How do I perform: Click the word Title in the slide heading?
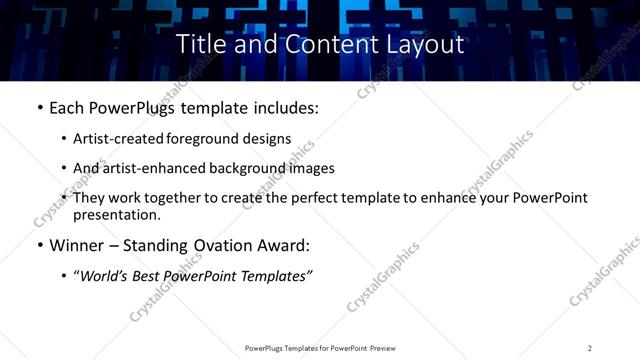click(x=200, y=44)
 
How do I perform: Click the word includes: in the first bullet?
click(x=282, y=108)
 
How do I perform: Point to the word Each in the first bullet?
click(x=67, y=108)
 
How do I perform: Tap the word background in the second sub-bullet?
click(x=246, y=168)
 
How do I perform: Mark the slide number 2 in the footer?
click(x=590, y=347)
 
